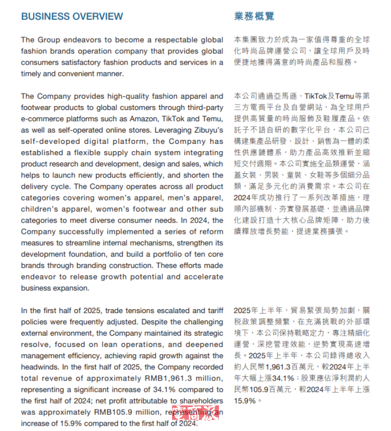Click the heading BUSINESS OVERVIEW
coord(72,16)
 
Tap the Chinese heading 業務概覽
coord(254,16)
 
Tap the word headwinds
coord(39,367)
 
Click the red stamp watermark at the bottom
coord(195,417)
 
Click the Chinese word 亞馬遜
coord(290,96)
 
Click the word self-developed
coord(47,141)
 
